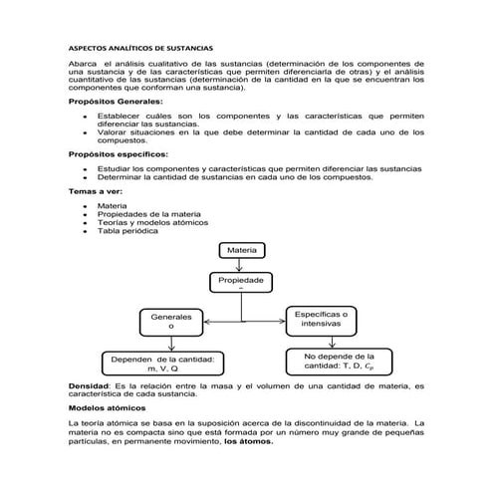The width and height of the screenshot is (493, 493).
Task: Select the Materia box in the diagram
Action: tap(241, 249)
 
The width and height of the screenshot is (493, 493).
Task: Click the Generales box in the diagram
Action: tap(170, 321)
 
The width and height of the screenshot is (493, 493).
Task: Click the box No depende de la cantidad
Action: tap(339, 360)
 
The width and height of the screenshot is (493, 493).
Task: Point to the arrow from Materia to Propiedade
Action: tap(241, 265)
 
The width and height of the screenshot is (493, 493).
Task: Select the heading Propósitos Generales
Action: tap(116, 103)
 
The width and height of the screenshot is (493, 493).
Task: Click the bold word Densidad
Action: tap(89, 384)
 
